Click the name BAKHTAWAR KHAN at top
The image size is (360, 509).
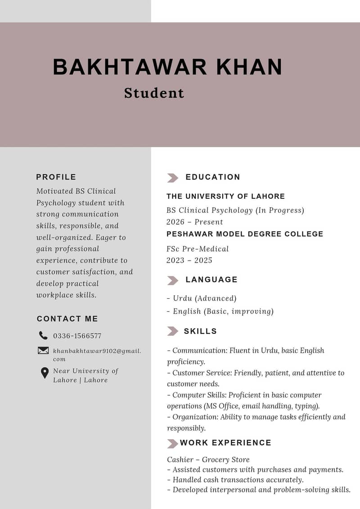click(x=167, y=67)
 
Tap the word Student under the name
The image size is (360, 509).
click(x=154, y=93)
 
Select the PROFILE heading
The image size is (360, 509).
click(x=56, y=177)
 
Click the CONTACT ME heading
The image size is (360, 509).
click(x=67, y=319)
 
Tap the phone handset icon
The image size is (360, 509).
click(x=43, y=335)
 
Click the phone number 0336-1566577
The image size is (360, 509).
click(x=77, y=336)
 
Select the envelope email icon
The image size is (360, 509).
click(x=43, y=350)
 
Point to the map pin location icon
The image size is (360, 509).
click(x=45, y=373)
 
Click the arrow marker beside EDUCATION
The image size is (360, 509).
click(x=172, y=178)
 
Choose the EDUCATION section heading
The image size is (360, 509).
click(x=213, y=177)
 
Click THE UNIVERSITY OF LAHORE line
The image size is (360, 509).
click(x=225, y=196)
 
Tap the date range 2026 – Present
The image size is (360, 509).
click(x=194, y=222)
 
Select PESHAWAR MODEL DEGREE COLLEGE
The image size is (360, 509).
click(x=245, y=234)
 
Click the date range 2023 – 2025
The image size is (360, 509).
click(x=189, y=260)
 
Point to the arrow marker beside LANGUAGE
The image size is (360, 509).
click(x=172, y=280)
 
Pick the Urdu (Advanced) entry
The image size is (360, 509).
click(x=202, y=298)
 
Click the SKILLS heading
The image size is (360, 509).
click(x=200, y=331)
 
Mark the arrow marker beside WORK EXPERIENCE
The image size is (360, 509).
click(x=172, y=444)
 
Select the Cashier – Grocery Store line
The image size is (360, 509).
click(x=208, y=459)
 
